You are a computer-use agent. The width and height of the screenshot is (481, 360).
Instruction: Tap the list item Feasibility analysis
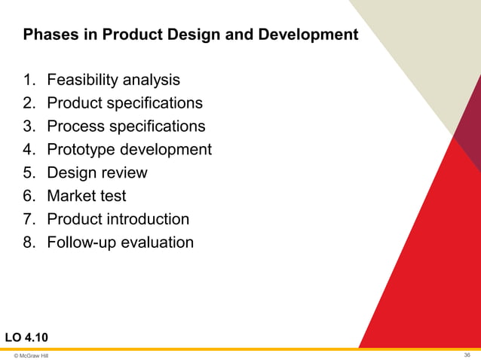113,79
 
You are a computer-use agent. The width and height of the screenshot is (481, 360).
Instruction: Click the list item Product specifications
124,102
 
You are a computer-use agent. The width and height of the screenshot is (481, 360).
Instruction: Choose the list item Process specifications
125,126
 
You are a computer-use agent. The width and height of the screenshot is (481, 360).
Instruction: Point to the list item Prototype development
129,149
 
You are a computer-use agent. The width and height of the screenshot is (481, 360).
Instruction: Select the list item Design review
97,172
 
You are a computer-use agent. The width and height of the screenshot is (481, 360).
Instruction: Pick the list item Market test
86,196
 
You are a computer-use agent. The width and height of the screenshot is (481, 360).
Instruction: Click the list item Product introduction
118,219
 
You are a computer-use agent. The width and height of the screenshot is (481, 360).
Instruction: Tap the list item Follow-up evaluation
120,243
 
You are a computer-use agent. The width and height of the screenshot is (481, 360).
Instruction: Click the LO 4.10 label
29,335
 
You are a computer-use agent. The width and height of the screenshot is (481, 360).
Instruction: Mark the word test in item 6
114,196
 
